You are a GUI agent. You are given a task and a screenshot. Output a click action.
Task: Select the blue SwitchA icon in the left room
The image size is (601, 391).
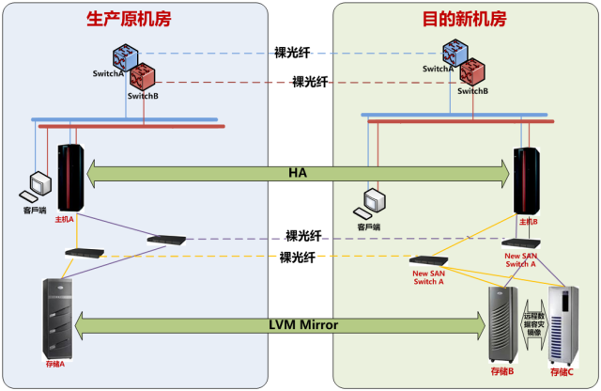point(125,56)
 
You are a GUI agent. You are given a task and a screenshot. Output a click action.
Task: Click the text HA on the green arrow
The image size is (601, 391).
point(299,173)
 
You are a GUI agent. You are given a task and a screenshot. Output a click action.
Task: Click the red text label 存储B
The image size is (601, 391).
point(502,372)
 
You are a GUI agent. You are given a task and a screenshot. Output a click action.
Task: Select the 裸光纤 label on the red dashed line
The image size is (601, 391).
point(311,82)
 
